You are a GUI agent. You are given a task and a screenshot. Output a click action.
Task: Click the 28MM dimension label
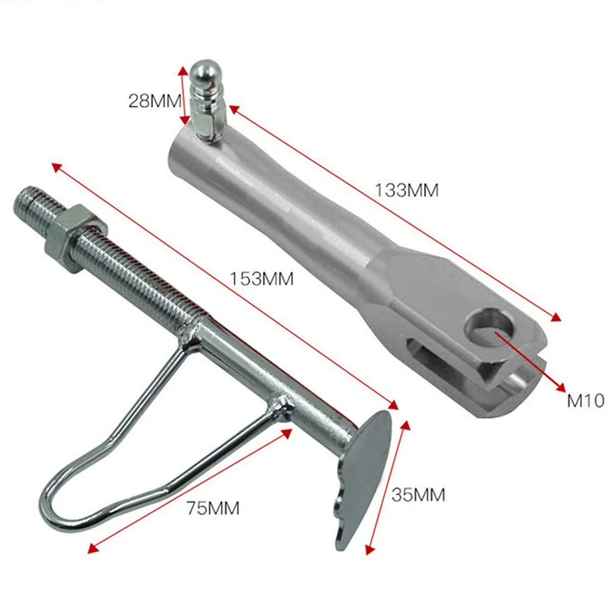pyautogui.click(x=155, y=101)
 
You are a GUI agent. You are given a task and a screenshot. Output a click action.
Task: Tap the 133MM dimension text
pyautogui.click(x=406, y=190)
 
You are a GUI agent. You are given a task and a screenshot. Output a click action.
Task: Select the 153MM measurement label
pyautogui.click(x=262, y=279)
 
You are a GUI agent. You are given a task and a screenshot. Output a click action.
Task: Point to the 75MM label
pyautogui.click(x=213, y=508)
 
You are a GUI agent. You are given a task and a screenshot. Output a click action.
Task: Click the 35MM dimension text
pyautogui.click(x=418, y=495)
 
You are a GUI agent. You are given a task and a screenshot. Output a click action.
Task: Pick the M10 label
pyautogui.click(x=586, y=400)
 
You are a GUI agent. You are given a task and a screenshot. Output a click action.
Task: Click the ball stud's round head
pyautogui.click(x=206, y=74)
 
